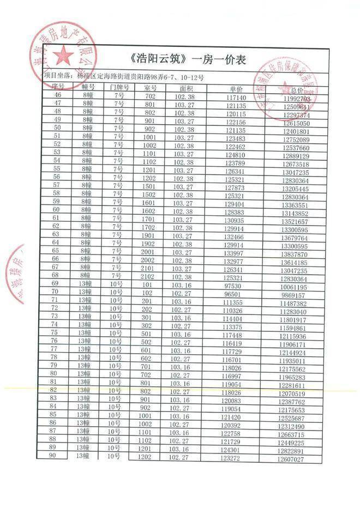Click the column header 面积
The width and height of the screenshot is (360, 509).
[187, 87]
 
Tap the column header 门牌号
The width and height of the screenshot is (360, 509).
[119, 87]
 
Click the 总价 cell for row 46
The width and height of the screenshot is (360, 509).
[297, 99]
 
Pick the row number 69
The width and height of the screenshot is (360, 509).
[55, 283]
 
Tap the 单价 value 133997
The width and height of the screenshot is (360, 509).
[233, 253]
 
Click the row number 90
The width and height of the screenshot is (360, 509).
[53, 456]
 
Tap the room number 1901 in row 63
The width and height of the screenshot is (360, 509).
[149, 236]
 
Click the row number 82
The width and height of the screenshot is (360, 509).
[53, 390]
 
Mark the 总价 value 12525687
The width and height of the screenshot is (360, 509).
[291, 419]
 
